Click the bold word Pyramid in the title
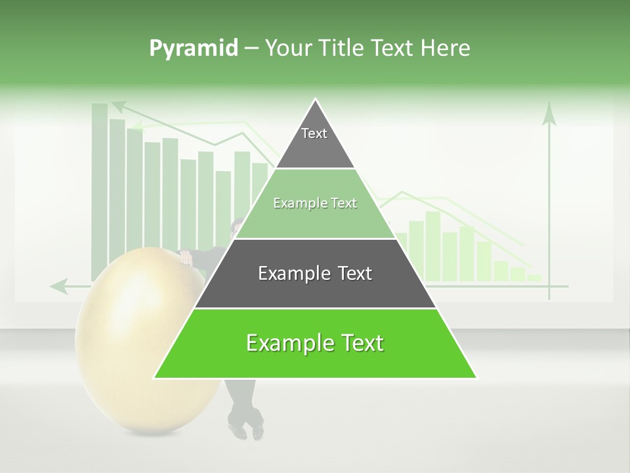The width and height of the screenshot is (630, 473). [x=193, y=49]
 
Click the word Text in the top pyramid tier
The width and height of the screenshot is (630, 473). [x=314, y=133]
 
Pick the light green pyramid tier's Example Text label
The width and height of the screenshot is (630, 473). [x=315, y=204]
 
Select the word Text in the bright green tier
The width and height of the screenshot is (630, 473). [x=358, y=343]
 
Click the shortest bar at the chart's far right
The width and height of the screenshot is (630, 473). [x=535, y=278]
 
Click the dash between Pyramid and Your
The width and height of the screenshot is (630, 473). [x=251, y=49]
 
